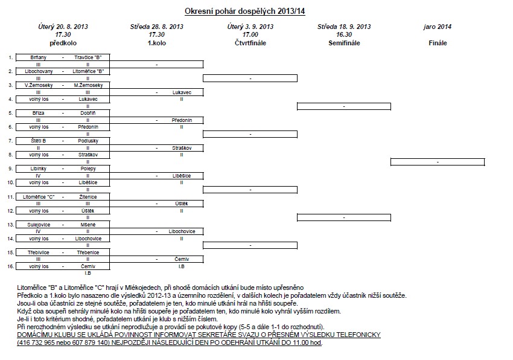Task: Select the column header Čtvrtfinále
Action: (250, 43)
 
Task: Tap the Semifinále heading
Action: (343, 43)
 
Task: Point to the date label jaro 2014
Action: (438, 27)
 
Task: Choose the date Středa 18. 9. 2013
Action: (343, 27)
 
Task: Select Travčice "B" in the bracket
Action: (88, 57)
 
